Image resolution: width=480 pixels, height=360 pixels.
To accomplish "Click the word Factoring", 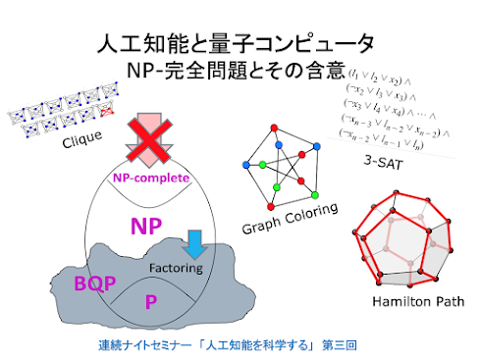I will (x=176, y=267).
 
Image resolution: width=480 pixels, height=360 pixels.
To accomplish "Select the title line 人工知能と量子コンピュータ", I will (x=237, y=43).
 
